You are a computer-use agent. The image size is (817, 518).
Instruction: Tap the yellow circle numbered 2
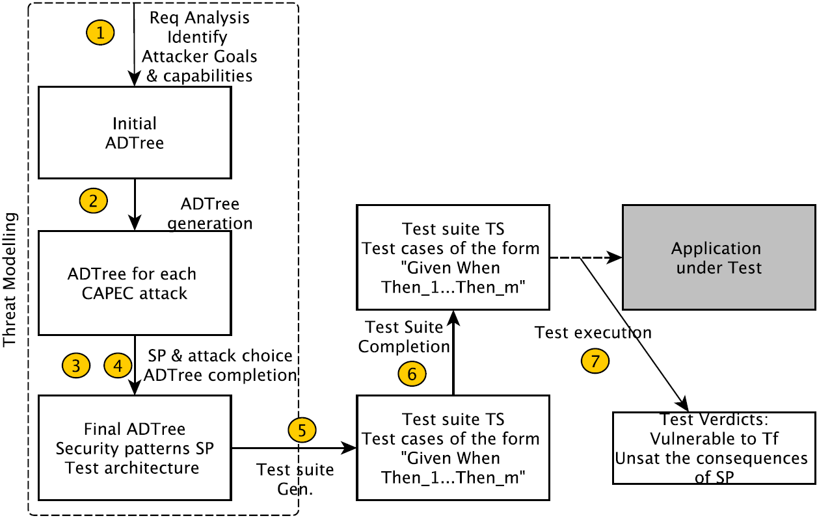click(x=93, y=200)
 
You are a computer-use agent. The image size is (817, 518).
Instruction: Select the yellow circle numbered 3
click(x=75, y=365)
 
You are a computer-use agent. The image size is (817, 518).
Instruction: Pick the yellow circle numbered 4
click(x=117, y=365)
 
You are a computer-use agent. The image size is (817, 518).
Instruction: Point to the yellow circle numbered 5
click(x=302, y=429)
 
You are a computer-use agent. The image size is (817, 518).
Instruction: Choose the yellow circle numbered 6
click(x=412, y=374)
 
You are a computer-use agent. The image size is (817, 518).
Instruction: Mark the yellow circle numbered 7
click(x=595, y=361)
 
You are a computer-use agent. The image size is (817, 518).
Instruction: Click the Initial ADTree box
click(x=135, y=133)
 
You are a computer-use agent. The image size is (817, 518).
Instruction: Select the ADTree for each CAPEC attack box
click(x=135, y=283)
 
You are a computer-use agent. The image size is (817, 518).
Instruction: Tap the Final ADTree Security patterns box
click(x=135, y=448)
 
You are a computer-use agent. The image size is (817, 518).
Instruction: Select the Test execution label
click(x=593, y=333)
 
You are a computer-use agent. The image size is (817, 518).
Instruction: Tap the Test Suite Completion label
click(x=404, y=337)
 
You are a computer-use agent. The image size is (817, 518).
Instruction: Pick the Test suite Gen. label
click(x=295, y=479)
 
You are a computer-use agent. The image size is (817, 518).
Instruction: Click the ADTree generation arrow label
click(x=209, y=214)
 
